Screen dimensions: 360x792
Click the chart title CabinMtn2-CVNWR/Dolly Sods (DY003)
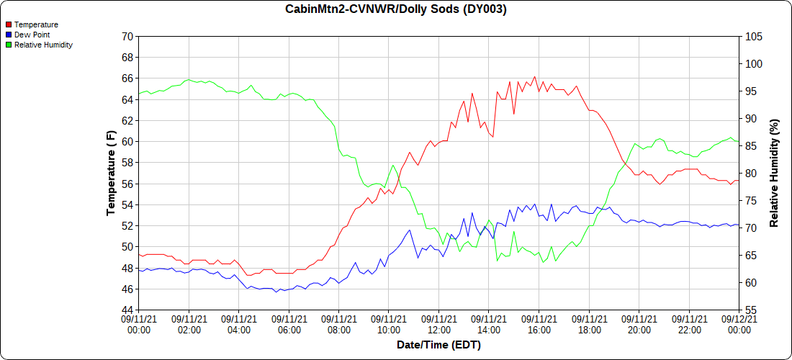pyautogui.click(x=395, y=9)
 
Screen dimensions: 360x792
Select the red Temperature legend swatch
pyautogui.click(x=9, y=24)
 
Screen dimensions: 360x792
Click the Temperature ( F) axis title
pyautogui.click(x=111, y=173)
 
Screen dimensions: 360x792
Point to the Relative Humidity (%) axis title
pyautogui.click(x=774, y=173)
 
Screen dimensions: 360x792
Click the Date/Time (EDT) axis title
pyautogui.click(x=438, y=345)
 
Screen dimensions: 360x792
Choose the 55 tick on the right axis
pyautogui.click(x=750, y=310)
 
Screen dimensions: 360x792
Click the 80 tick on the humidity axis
pyautogui.click(x=750, y=174)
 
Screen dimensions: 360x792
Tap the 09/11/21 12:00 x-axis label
pyautogui.click(x=438, y=324)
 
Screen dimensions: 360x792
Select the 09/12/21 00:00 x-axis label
pyautogui.click(x=739, y=324)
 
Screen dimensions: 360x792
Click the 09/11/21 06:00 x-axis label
pyautogui.click(x=289, y=324)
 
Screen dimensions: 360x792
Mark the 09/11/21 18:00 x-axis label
pyautogui.click(x=589, y=324)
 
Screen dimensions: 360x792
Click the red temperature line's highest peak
pyautogui.click(x=534, y=76)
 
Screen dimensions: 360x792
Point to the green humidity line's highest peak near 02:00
pyautogui.click(x=189, y=79)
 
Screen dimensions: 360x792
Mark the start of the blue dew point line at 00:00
pyautogui.click(x=139, y=270)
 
